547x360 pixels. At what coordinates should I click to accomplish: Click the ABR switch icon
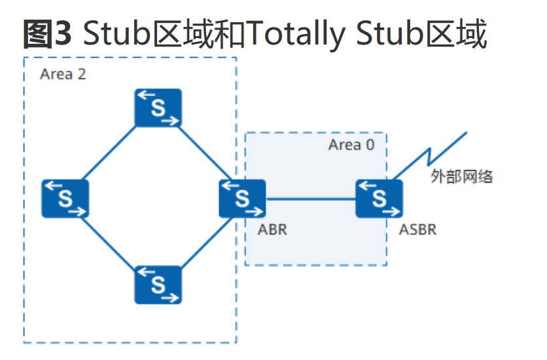pyautogui.click(x=242, y=198)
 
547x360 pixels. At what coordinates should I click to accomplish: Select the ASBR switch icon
pyautogui.click(x=379, y=198)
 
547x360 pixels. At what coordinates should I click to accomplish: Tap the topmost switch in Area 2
pyautogui.click(x=158, y=108)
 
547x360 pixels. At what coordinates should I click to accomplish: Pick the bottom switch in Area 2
pyautogui.click(x=158, y=285)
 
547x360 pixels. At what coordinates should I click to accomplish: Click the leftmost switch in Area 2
pyautogui.click(x=65, y=198)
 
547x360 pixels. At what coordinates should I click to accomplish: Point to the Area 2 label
pyautogui.click(x=63, y=74)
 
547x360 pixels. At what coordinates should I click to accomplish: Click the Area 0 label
pyautogui.click(x=351, y=145)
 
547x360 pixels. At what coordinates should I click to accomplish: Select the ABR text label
pyautogui.click(x=272, y=230)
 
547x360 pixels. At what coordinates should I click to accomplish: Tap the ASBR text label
pyautogui.click(x=417, y=230)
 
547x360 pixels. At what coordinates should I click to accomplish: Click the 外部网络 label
pyautogui.click(x=461, y=176)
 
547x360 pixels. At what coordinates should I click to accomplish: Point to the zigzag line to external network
pyautogui.click(x=430, y=156)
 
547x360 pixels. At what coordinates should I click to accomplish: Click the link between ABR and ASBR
pyautogui.click(x=311, y=199)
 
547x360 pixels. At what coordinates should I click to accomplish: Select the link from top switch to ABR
pyautogui.click(x=204, y=153)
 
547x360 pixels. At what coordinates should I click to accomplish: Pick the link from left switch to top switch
pyautogui.click(x=109, y=153)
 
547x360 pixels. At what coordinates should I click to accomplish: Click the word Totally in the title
pyautogui.click(x=296, y=34)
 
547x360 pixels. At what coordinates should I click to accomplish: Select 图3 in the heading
pyautogui.click(x=48, y=33)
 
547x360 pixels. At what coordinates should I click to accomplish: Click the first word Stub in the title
pyautogui.click(x=116, y=33)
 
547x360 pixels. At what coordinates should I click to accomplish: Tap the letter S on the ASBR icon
pyautogui.click(x=379, y=199)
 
